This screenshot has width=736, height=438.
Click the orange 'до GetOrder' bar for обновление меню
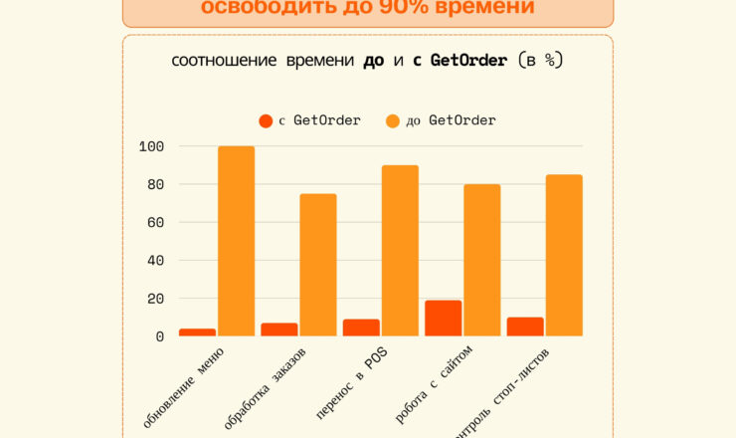pyautogui.click(x=236, y=241)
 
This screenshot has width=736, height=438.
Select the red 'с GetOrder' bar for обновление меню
pyautogui.click(x=197, y=332)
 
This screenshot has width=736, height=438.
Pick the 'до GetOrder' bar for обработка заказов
pyautogui.click(x=318, y=265)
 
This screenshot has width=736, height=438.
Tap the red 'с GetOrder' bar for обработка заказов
pyautogui.click(x=279, y=329)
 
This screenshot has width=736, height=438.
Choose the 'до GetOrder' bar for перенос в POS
pyautogui.click(x=400, y=251)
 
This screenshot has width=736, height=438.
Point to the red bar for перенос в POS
pyautogui.click(x=361, y=328)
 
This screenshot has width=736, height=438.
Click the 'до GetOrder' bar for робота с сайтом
pyautogui.click(x=482, y=260)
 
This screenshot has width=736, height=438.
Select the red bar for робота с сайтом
pyautogui.click(x=444, y=319)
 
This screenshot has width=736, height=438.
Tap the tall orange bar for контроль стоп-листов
pyautogui.click(x=564, y=256)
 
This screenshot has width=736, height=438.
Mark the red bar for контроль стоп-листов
pyautogui.click(x=525, y=327)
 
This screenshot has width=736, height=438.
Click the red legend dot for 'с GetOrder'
pyautogui.click(x=266, y=121)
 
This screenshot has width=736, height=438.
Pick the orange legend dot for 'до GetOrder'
pyautogui.click(x=392, y=121)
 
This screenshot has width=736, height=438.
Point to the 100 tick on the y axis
pyautogui.click(x=151, y=146)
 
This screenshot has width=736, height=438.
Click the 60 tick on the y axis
pyautogui.click(x=155, y=222)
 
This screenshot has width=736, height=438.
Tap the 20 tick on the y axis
pyautogui.click(x=155, y=299)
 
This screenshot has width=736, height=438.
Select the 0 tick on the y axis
pyautogui.click(x=159, y=336)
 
